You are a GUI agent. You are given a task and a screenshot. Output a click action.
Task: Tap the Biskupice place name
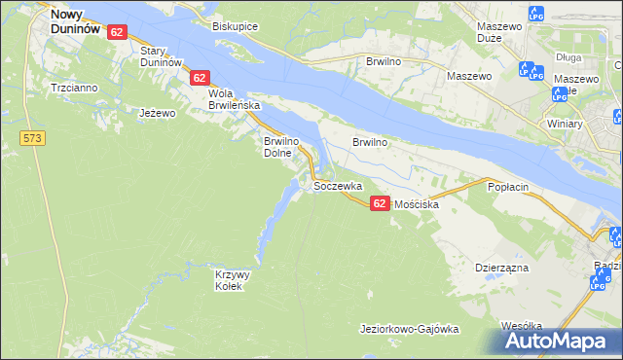(x=235, y=27)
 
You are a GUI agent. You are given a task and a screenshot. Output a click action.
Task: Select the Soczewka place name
(x=338, y=185)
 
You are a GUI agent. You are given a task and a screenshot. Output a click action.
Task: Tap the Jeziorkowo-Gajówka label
(x=409, y=329)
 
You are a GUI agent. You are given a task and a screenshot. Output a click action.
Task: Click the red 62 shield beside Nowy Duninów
(x=117, y=32)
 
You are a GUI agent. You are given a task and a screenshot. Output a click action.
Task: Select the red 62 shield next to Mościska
(x=380, y=202)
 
